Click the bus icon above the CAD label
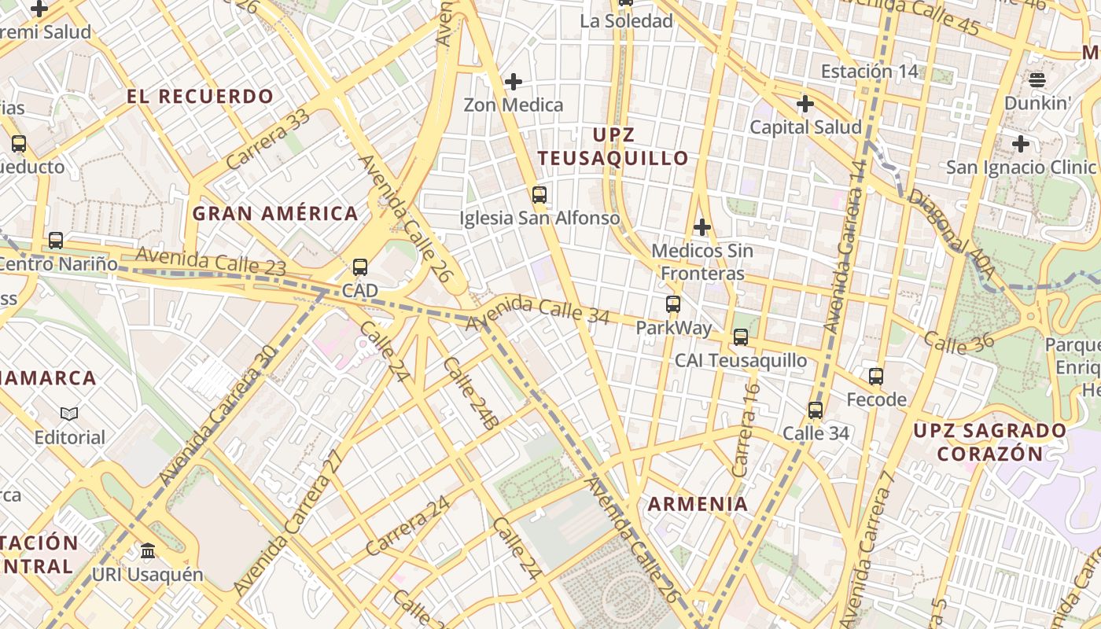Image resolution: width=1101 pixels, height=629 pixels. click(360, 267)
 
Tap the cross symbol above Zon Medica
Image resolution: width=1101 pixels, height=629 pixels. click(514, 81)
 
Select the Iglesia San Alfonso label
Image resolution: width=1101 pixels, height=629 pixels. click(539, 218)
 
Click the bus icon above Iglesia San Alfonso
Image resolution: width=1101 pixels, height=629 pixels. click(539, 195)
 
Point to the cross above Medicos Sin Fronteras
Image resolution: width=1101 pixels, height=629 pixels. click(702, 227)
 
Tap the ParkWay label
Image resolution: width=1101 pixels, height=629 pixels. click(673, 327)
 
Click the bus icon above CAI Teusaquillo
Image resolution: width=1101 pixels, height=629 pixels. click(741, 337)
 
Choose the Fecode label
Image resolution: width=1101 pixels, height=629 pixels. click(876, 399)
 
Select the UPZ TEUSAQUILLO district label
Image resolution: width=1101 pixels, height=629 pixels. click(613, 146)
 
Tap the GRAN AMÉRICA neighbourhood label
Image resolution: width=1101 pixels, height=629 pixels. click(275, 213)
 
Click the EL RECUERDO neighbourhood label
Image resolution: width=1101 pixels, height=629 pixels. click(200, 97)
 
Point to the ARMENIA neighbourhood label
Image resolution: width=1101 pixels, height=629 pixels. click(698, 504)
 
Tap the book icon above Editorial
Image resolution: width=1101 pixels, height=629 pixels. click(69, 414)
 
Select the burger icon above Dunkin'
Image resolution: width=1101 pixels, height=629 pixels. click(1037, 79)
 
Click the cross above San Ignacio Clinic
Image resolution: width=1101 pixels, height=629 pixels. click(1021, 144)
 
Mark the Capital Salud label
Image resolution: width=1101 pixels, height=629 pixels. click(805, 127)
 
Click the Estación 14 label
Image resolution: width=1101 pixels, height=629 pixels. click(869, 72)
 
